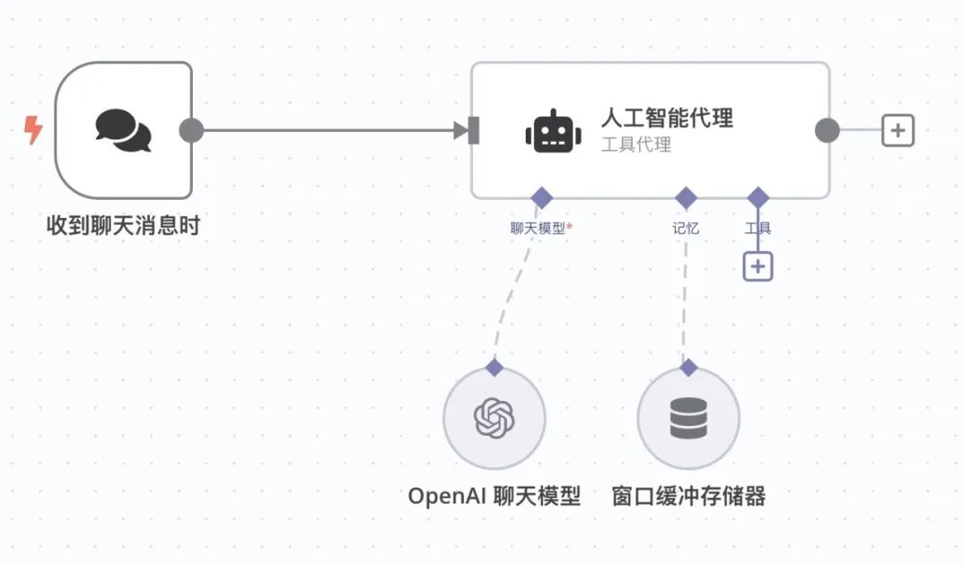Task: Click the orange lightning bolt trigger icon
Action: (33, 131)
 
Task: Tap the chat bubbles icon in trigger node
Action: (123, 130)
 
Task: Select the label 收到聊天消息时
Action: (123, 226)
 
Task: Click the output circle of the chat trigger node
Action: (191, 130)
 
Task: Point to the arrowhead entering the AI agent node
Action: (461, 131)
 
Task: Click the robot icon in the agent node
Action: (553, 131)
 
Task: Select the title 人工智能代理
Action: (666, 118)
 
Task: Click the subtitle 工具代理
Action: (636, 145)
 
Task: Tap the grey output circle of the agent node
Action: (827, 130)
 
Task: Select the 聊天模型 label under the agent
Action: (538, 229)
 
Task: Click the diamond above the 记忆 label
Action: (686, 197)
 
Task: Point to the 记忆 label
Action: (686, 229)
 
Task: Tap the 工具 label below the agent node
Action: (758, 229)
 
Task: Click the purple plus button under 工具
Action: (758, 266)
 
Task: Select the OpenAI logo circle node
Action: (494, 418)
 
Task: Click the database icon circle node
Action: (688, 418)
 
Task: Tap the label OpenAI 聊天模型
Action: (494, 496)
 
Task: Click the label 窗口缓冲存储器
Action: (688, 496)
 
